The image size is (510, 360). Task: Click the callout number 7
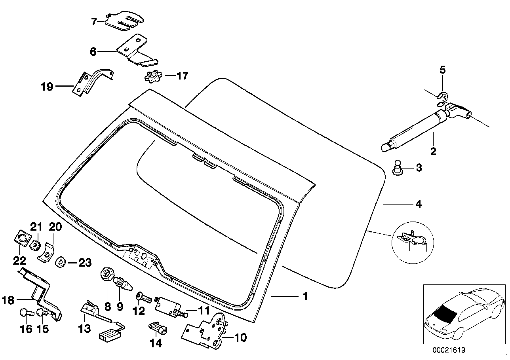pos(93,22)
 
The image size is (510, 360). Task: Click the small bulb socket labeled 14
pos(158,327)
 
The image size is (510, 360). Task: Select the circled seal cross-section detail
pos(412,243)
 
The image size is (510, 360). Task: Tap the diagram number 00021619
pos(448,351)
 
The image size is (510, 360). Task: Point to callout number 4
pos(418,205)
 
